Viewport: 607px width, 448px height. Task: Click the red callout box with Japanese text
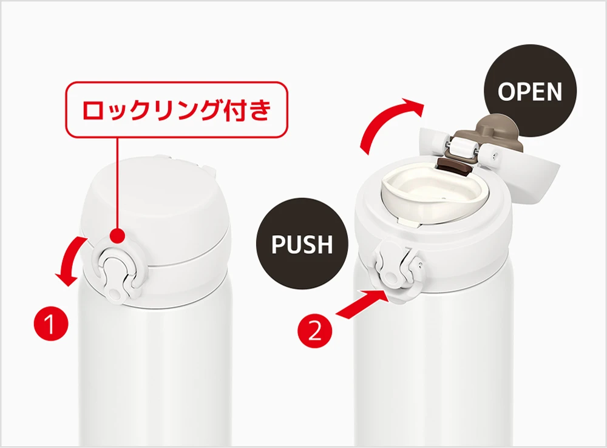point(176,109)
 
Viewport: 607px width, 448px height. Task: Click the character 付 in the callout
point(237,109)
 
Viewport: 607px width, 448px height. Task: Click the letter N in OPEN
point(554,92)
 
